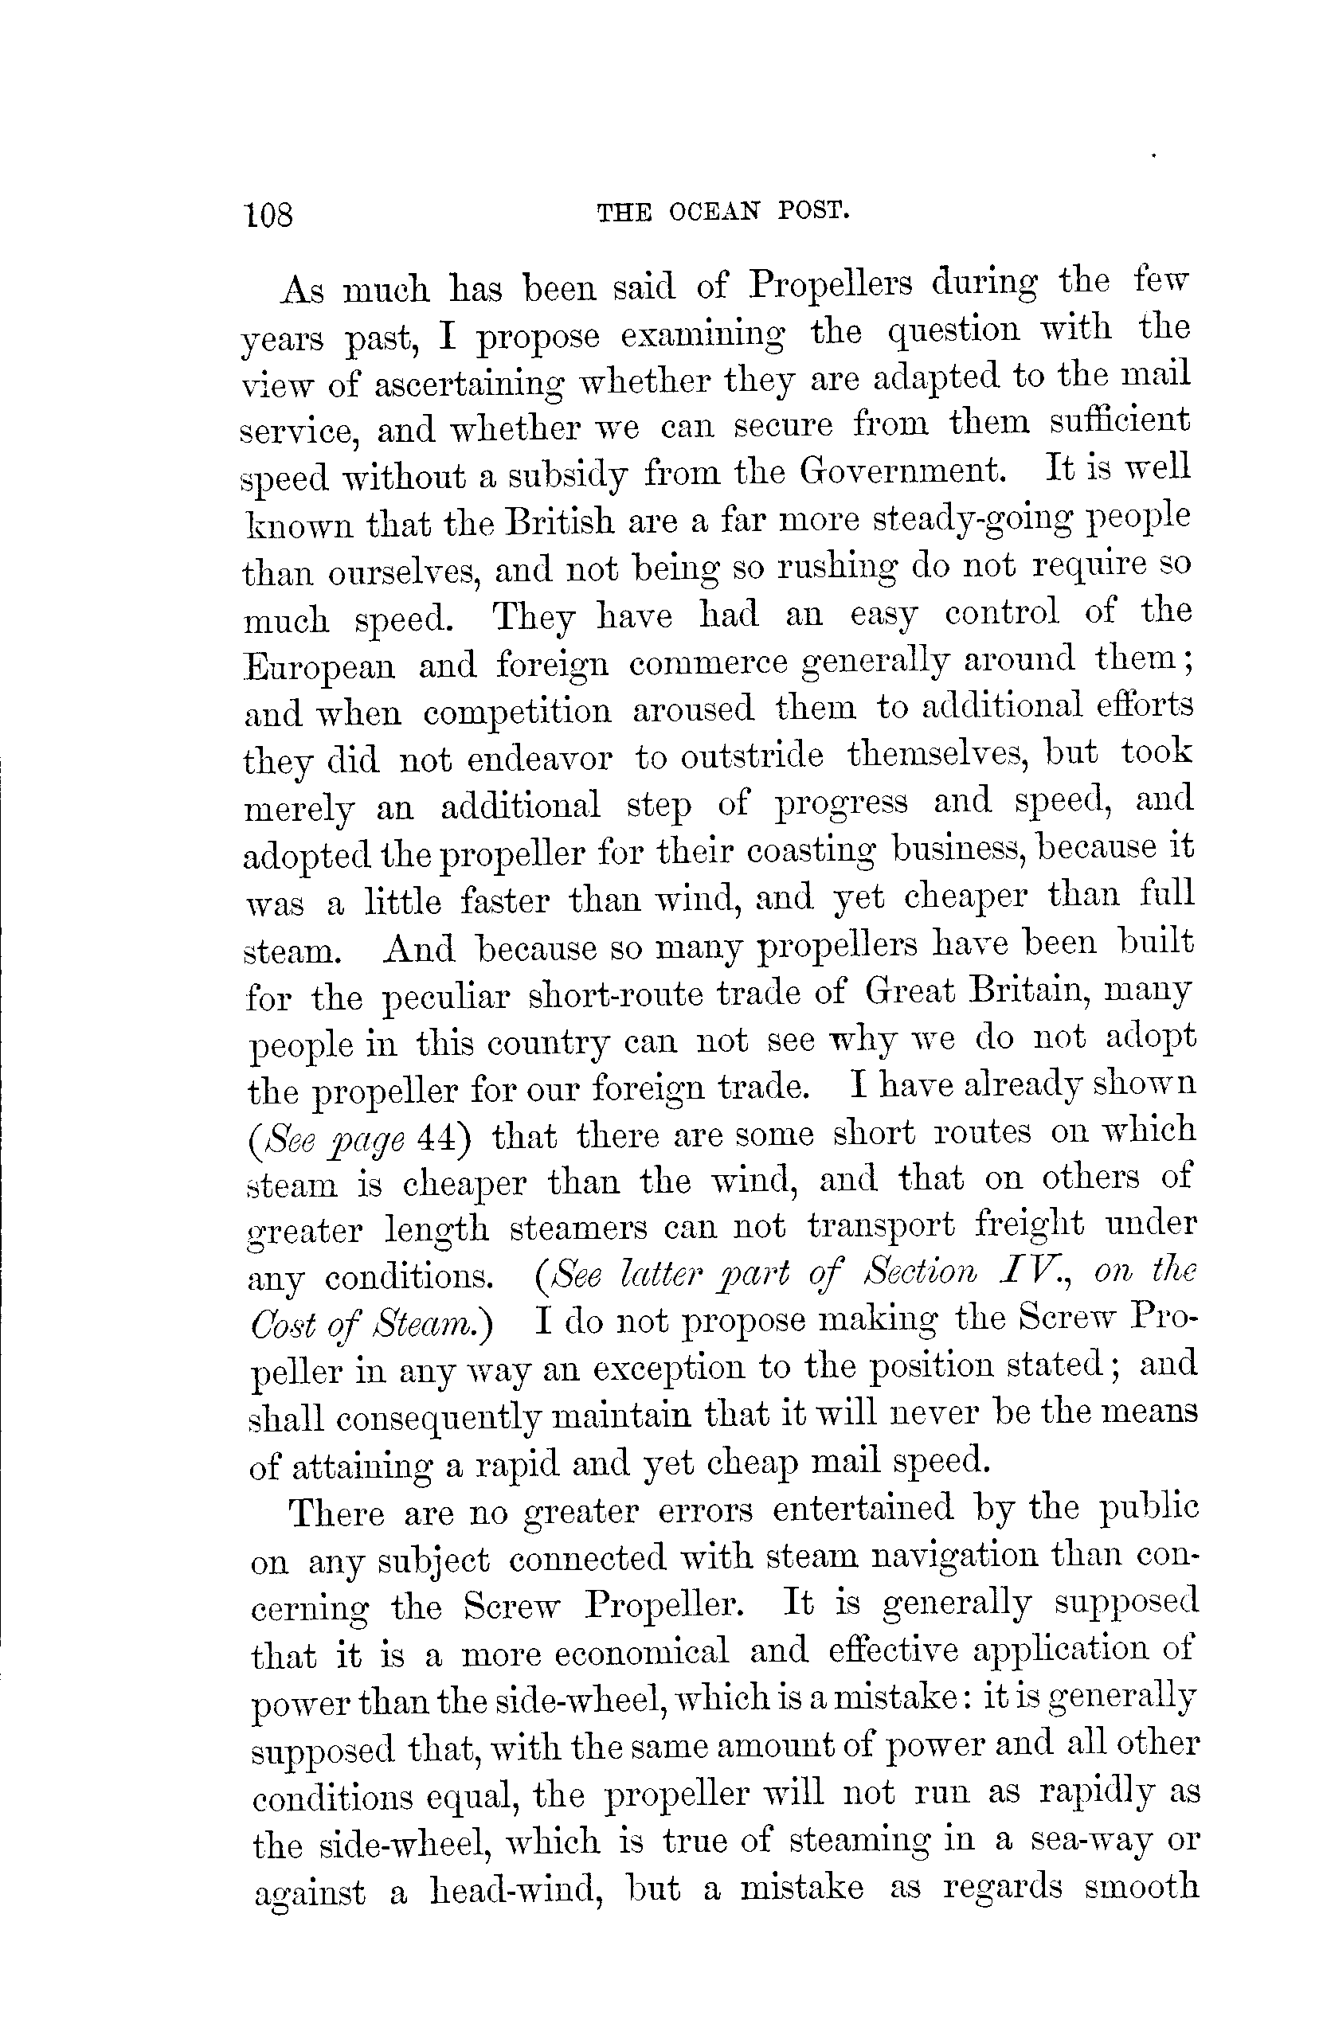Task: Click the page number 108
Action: coord(269,215)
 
